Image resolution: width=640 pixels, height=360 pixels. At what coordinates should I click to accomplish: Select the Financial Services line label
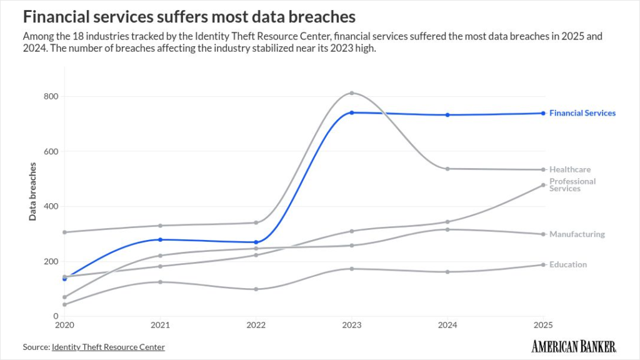click(582, 113)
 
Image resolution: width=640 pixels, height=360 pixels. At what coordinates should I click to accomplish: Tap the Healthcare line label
click(569, 169)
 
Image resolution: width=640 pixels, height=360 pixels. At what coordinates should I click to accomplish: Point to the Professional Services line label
click(572, 185)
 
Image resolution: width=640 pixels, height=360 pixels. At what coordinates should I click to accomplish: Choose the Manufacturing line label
click(577, 234)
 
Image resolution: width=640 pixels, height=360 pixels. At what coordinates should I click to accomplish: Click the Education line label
click(567, 264)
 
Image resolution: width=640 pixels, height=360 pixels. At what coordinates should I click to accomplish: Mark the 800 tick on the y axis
click(51, 96)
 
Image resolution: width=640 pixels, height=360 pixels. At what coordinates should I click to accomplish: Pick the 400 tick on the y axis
click(51, 206)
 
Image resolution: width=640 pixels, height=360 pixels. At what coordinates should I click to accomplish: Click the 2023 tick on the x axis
click(352, 326)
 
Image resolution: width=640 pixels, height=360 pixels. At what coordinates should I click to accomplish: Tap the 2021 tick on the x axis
click(160, 326)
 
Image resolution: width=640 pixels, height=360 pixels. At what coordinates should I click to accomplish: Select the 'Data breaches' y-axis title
click(32, 191)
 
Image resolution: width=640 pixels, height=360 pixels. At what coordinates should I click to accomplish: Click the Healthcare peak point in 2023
click(352, 93)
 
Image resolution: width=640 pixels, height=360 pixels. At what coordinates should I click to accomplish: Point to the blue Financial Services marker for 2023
click(352, 112)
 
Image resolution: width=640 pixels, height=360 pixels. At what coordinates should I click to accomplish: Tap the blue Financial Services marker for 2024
click(447, 115)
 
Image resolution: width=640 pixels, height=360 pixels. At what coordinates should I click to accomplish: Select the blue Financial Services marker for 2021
click(160, 239)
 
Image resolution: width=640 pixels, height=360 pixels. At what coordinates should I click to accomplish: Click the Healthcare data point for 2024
click(447, 169)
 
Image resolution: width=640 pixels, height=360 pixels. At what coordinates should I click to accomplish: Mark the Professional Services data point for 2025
click(543, 185)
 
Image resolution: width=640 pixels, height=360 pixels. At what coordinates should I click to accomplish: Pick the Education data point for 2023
click(352, 269)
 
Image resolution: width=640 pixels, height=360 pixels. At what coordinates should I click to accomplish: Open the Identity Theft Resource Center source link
click(108, 347)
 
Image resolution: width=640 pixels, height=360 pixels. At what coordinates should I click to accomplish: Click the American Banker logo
click(574, 346)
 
